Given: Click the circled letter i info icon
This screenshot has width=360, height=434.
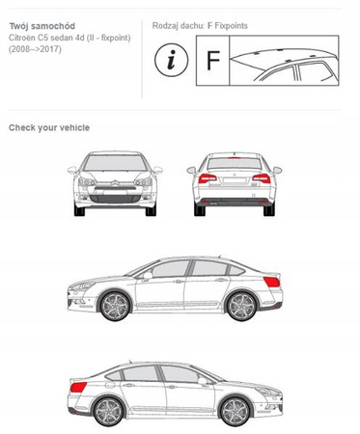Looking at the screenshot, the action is tap(171, 61).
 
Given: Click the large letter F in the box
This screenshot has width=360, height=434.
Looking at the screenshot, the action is tap(213, 61).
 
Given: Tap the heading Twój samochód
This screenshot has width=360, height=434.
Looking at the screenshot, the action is tap(42, 26).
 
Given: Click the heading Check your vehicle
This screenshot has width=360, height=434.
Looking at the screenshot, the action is tap(49, 127).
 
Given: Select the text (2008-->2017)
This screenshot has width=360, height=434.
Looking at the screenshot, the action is tap(35, 49).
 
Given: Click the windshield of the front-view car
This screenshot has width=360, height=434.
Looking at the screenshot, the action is tap(115, 163).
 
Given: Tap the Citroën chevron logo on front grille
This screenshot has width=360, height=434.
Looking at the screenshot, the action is tap(115, 183).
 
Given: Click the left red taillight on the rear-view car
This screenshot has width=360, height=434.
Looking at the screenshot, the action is tap(208, 178).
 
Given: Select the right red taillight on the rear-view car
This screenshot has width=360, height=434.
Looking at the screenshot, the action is tap(262, 178).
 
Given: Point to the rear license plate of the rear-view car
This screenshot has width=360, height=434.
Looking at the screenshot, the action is tap(235, 180).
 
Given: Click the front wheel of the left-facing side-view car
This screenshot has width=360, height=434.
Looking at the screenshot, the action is tap(115, 306).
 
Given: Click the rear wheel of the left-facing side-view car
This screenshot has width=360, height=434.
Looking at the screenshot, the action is tap(241, 306).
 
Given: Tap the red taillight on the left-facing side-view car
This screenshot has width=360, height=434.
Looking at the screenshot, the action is tap(272, 282).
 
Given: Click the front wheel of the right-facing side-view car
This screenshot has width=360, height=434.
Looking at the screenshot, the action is tap(235, 412).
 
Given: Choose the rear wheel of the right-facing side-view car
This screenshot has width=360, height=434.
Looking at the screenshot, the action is tap(108, 412).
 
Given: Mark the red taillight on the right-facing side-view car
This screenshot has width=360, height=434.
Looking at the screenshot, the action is tap(78, 387).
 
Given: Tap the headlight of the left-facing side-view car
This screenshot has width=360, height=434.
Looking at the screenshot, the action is tap(83, 285).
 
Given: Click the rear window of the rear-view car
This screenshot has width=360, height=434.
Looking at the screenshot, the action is tap(235, 164).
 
